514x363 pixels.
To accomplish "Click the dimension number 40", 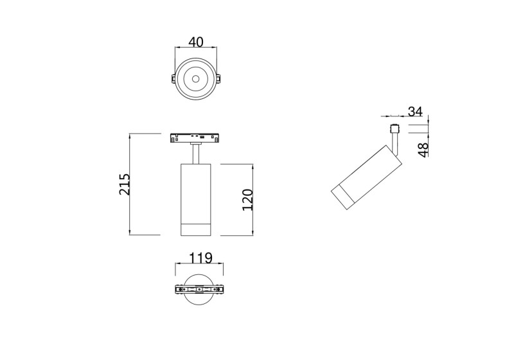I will point(195,42).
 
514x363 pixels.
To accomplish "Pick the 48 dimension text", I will point(423,149).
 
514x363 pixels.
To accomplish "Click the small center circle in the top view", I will point(195,79).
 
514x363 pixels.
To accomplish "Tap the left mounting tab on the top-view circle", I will point(173,79).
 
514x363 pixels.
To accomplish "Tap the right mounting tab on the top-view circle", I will point(218,79).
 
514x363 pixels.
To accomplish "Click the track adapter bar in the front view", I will point(195,137).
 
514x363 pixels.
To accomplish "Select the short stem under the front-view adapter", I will point(195,153).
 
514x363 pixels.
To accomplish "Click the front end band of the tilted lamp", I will point(343,198).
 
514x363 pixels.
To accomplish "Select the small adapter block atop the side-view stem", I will point(396,127).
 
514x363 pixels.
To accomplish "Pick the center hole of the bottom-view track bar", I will point(200,289).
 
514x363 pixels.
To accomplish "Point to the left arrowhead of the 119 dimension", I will point(177,265).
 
